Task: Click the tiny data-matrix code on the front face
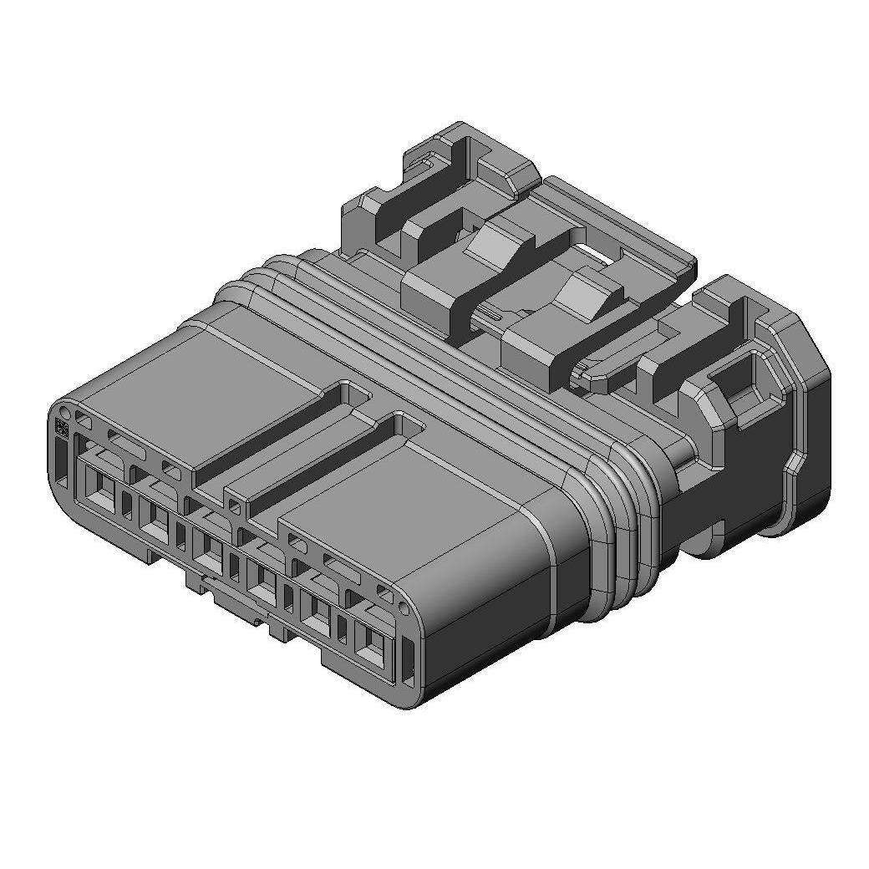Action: tap(61, 427)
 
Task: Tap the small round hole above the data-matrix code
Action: tap(63, 411)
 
